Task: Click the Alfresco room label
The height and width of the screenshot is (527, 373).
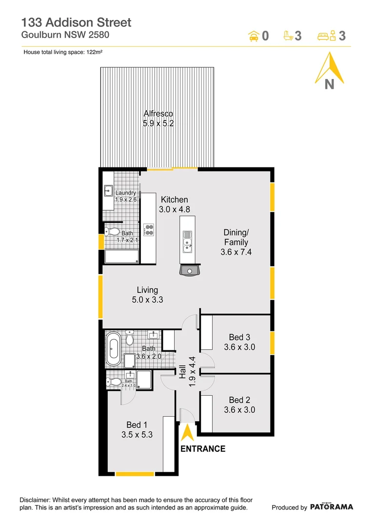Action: tap(158, 114)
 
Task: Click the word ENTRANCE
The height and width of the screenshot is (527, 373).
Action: tap(203, 449)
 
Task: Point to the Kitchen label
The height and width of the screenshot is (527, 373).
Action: tap(174, 200)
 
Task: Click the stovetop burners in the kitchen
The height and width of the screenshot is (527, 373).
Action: tap(149, 229)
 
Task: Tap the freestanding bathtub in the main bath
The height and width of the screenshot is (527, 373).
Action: tap(113, 349)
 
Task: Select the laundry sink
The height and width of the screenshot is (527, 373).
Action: tap(108, 191)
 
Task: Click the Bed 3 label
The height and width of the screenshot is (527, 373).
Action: tap(239, 337)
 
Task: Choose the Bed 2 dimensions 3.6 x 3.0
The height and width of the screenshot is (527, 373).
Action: tap(239, 410)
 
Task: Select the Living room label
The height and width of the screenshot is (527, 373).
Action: tap(147, 290)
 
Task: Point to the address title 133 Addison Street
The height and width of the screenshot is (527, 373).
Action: tap(76, 22)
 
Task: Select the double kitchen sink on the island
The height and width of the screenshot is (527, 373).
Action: tap(187, 242)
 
